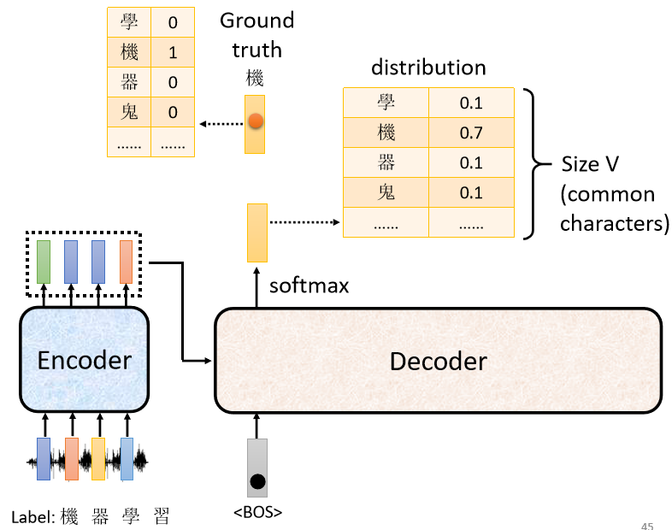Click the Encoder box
coord(85,359)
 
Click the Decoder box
coord(439,361)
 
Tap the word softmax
coord(309,286)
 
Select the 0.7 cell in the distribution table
coord(471,132)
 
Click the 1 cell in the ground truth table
coord(173,52)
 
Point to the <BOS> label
coord(257,512)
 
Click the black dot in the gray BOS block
coord(257,481)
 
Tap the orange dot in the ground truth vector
coord(256,121)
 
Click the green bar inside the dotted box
coord(44,262)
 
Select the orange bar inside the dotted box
coord(126,262)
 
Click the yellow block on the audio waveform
coord(98,459)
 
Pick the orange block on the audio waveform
coord(72,459)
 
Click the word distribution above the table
coord(428,68)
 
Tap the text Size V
coord(590,164)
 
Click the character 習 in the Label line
coord(162,516)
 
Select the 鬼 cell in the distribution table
coord(386,192)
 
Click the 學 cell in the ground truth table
coord(129,22)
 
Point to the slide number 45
coord(647,526)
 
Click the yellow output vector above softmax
coord(257,233)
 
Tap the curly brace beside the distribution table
coord(536,163)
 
